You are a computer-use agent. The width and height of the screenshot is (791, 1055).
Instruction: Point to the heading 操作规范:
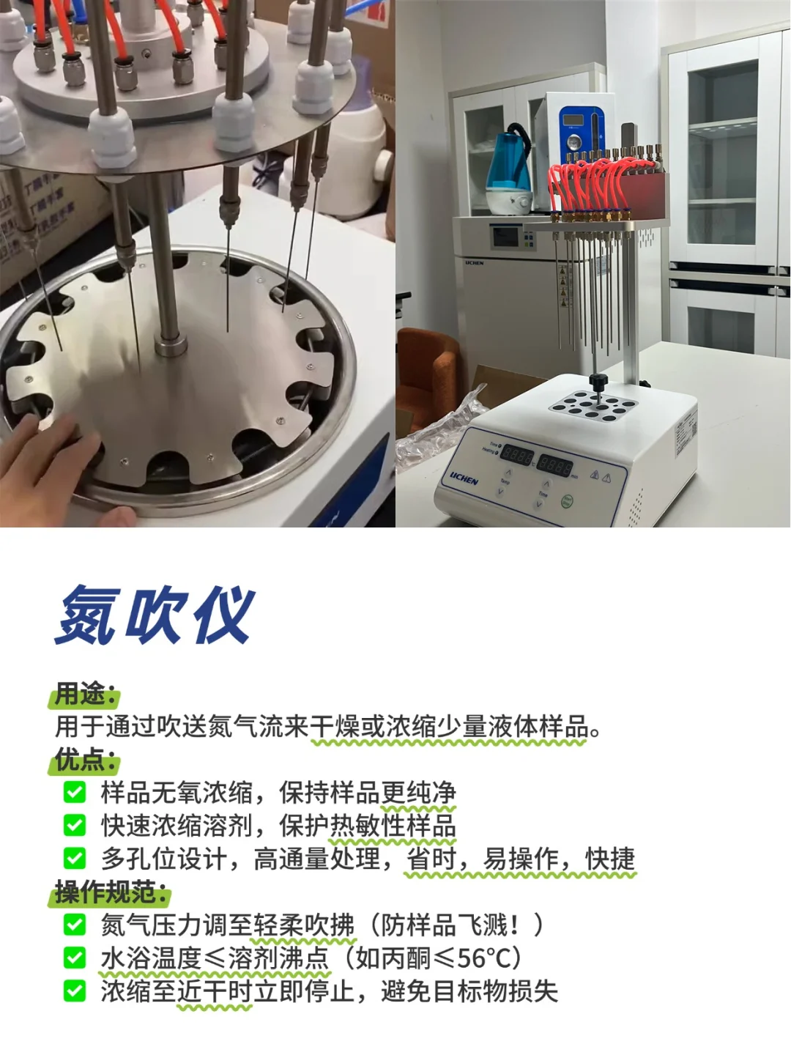point(111,892)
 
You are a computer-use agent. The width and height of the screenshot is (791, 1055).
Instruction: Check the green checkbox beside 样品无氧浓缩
point(75,792)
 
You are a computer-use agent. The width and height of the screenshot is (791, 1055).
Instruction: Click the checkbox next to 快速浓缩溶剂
point(75,826)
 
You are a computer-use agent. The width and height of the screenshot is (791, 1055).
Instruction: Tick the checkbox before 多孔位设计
point(75,859)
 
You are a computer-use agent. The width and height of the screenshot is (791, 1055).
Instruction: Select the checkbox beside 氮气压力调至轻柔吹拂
point(75,925)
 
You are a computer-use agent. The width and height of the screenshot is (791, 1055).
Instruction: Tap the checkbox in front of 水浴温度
point(75,958)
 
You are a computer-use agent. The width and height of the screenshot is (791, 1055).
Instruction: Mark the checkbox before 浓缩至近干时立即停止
point(75,991)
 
